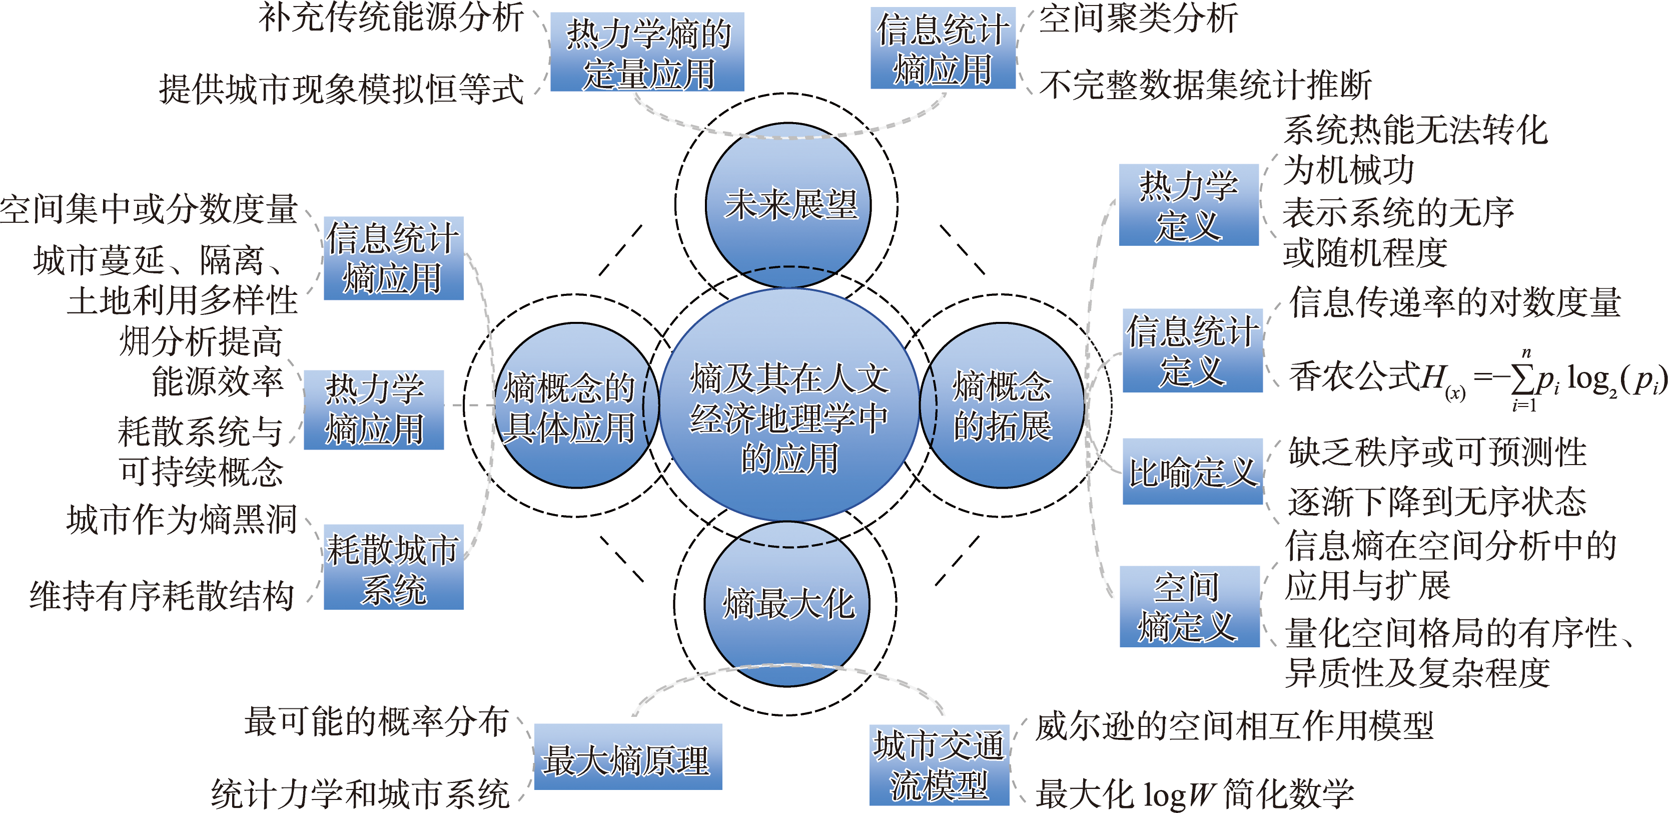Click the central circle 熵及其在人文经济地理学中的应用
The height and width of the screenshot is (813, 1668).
point(788,405)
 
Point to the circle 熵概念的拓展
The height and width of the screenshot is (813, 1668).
point(1003,405)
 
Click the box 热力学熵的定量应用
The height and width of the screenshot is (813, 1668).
point(647,53)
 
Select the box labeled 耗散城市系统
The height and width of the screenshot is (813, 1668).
point(394,568)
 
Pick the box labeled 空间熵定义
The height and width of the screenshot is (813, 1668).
point(1190,607)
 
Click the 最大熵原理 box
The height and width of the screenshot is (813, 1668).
point(627,757)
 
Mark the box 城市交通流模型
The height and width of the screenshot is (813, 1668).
point(939,766)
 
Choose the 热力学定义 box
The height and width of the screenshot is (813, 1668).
point(1189,205)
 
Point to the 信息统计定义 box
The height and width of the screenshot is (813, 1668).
point(1192,350)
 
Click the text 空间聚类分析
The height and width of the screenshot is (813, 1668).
point(1138,18)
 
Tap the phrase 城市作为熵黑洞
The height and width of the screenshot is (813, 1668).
point(182,520)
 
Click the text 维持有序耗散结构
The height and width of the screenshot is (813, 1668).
point(162,595)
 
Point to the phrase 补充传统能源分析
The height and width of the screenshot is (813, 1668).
point(391,18)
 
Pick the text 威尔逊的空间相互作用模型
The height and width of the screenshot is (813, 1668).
point(1234,725)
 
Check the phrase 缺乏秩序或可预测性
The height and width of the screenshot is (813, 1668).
point(1437,452)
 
